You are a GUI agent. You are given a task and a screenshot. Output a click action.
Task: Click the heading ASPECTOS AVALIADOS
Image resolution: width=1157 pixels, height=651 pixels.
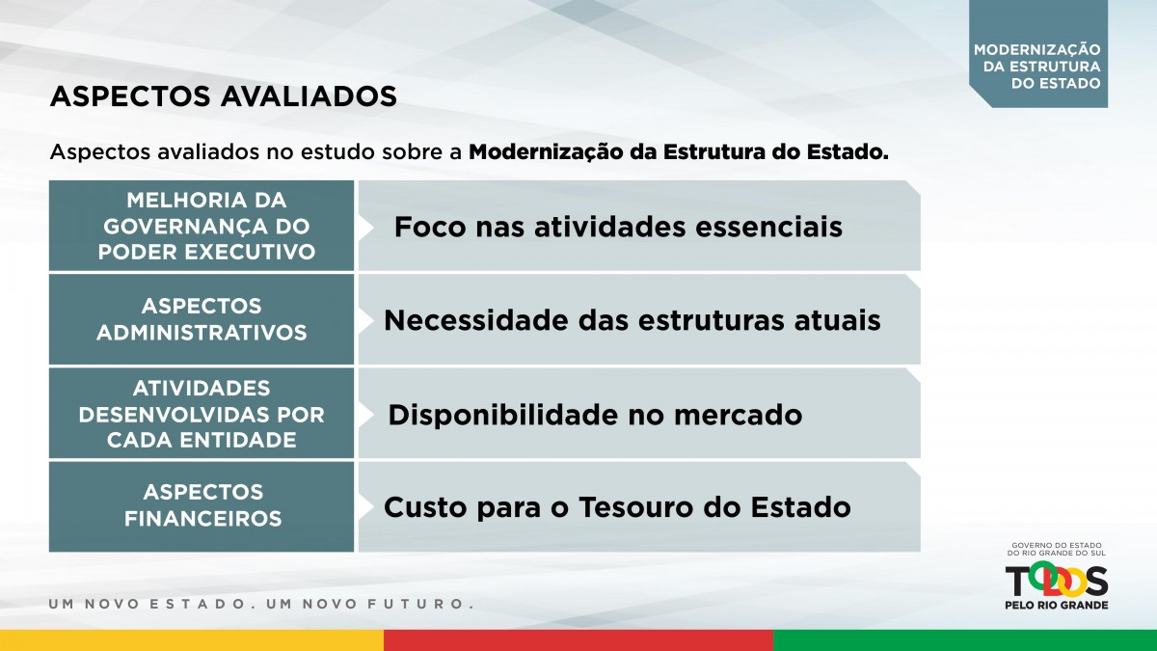click(223, 96)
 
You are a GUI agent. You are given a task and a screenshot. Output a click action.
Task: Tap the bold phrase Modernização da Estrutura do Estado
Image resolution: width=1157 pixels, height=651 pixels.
click(679, 152)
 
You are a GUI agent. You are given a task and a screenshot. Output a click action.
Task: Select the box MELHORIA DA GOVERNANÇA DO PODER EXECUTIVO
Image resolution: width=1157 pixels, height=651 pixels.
click(202, 226)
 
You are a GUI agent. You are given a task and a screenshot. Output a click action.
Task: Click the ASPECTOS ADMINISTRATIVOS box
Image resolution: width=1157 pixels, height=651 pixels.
click(202, 319)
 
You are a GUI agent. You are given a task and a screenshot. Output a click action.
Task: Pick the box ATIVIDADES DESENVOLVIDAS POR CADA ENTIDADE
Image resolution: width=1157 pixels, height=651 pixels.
click(202, 414)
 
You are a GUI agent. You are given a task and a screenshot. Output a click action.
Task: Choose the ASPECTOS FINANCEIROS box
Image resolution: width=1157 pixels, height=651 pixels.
click(202, 507)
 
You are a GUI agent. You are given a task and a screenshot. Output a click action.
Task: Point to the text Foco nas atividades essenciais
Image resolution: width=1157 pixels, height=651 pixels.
click(618, 227)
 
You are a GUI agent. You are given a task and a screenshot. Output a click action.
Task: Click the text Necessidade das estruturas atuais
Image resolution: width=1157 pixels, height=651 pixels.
click(632, 320)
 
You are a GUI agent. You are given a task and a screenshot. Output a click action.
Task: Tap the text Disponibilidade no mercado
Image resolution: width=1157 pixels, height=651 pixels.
click(595, 415)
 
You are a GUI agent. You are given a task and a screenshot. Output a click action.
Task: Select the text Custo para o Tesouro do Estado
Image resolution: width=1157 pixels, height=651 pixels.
click(617, 507)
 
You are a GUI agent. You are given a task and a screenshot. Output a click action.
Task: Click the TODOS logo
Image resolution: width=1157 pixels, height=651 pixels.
click(1057, 581)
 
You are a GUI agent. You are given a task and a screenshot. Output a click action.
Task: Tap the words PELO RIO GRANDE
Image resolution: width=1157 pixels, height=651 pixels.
click(1057, 605)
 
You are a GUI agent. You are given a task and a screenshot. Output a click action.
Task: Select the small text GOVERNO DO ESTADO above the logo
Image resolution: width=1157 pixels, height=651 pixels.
click(1057, 545)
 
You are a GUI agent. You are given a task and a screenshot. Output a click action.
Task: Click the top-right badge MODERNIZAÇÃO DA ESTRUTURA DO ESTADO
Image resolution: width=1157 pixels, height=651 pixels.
click(1038, 54)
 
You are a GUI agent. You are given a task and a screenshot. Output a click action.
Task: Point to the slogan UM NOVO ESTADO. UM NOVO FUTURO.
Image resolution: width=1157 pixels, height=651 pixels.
click(261, 604)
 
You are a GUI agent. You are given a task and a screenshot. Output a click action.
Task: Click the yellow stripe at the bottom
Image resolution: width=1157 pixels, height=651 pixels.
click(192, 640)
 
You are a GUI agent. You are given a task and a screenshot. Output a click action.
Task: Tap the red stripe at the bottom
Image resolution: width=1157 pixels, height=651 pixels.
click(578, 640)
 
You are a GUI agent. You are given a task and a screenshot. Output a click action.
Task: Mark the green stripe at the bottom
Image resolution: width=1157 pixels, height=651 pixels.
click(965, 640)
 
